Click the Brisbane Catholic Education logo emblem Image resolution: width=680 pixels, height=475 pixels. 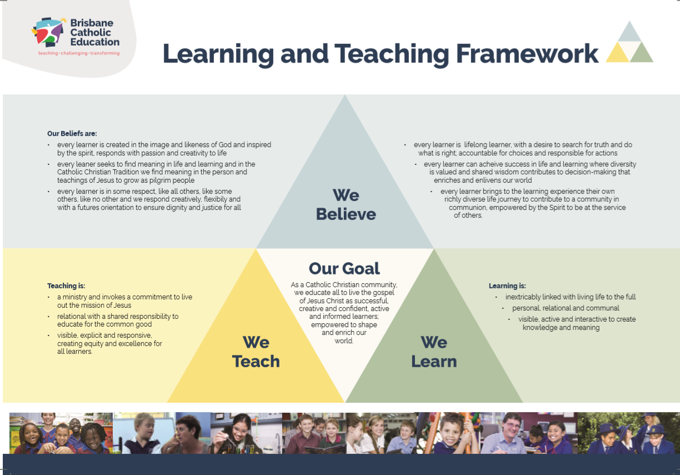48,32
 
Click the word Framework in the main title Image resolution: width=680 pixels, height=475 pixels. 527,54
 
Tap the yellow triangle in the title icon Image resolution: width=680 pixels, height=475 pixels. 617,52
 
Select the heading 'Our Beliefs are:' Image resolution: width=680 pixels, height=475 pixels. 72,133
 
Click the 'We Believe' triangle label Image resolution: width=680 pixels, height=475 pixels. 346,204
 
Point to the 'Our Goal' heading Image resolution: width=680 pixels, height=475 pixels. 344,268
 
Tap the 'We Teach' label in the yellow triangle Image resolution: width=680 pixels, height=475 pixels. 256,352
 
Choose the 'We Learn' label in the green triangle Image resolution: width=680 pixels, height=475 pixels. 434,352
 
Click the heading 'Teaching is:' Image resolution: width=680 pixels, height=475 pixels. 66,286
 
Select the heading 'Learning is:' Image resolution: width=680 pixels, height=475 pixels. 507,286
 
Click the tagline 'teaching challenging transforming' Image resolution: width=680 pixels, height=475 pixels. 79,53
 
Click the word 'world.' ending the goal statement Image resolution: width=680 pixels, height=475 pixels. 344,341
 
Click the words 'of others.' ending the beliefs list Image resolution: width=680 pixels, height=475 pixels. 468,216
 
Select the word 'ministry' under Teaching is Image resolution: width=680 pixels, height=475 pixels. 75,297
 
